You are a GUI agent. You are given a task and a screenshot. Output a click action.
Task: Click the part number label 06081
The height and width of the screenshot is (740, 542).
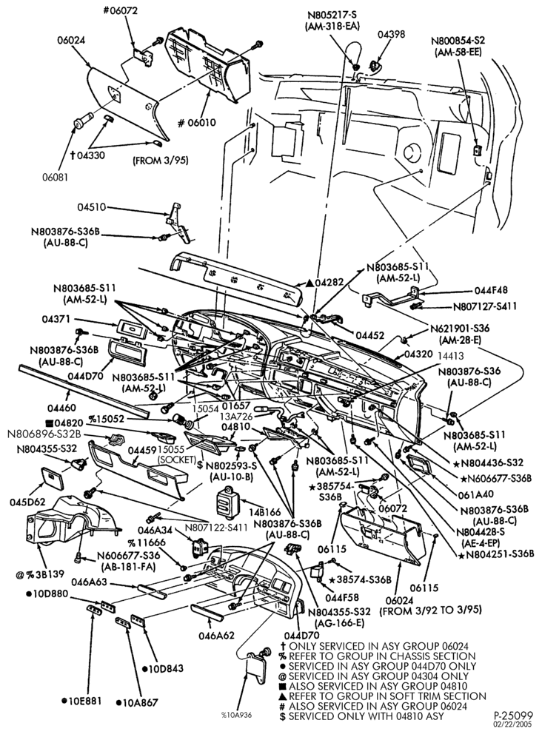[56, 177]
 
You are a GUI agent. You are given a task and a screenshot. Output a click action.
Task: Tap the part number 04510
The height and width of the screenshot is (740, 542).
[92, 207]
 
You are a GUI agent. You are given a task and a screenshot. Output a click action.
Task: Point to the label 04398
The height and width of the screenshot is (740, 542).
[392, 35]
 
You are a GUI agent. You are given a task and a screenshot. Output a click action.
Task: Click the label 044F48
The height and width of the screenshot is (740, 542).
[492, 291]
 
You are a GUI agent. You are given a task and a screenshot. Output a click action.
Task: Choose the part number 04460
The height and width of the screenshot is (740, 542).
[62, 407]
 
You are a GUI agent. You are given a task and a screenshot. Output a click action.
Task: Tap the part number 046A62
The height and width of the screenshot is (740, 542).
[216, 636]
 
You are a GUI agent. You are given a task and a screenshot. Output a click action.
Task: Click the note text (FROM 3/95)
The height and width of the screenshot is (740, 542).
[161, 161]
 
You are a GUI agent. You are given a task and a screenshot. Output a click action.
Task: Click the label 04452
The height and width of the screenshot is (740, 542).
[370, 335]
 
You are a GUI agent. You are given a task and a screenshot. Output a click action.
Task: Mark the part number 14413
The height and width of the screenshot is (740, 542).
[451, 357]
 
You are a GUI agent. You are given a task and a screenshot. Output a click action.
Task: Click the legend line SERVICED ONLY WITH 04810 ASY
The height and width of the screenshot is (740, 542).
[367, 716]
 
